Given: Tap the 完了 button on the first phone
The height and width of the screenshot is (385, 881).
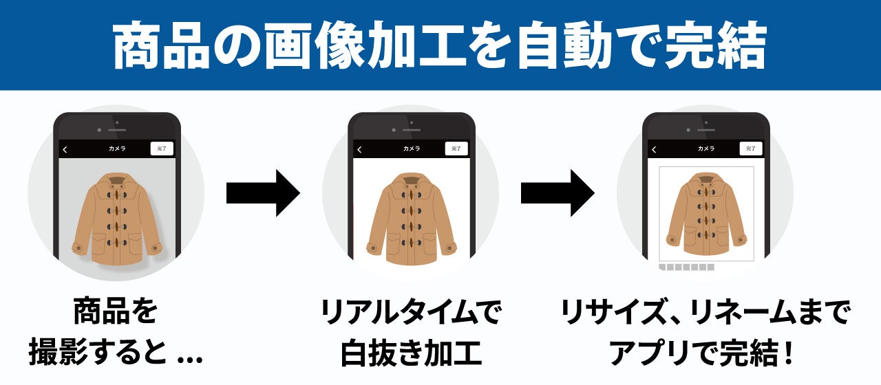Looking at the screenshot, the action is point(162,148).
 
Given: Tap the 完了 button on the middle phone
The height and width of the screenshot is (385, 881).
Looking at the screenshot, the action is point(456,148).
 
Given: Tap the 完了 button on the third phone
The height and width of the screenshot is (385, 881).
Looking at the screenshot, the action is point(750,148).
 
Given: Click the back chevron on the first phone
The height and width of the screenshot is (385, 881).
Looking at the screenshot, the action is point(65,149).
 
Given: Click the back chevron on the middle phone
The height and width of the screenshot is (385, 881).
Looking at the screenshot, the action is point(359,149).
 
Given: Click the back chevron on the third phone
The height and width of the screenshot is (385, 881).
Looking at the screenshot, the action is point(654,149).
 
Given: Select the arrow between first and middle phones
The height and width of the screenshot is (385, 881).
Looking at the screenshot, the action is point(263,194).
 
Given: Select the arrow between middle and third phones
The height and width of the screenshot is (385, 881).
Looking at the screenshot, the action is point(558,194).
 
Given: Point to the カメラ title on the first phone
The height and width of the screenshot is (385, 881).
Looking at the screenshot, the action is point(117,148).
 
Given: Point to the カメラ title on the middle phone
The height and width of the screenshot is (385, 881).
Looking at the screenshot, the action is point(412,148).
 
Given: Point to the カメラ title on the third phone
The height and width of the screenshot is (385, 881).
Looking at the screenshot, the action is point(706,148).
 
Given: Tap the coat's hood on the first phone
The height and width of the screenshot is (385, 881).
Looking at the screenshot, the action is point(117,180).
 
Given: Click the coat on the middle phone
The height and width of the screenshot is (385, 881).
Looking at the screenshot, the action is point(412,219).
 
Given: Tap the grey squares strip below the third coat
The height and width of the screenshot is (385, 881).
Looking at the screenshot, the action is point(686,267).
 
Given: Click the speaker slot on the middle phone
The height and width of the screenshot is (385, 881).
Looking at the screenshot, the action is point(412,129).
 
